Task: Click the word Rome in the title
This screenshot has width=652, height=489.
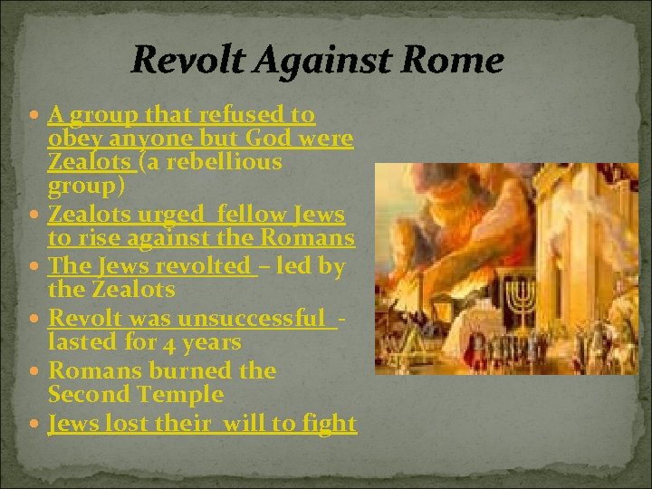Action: (x=457, y=61)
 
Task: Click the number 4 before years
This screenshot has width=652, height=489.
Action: (x=168, y=342)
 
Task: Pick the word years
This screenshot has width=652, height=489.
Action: (x=211, y=342)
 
